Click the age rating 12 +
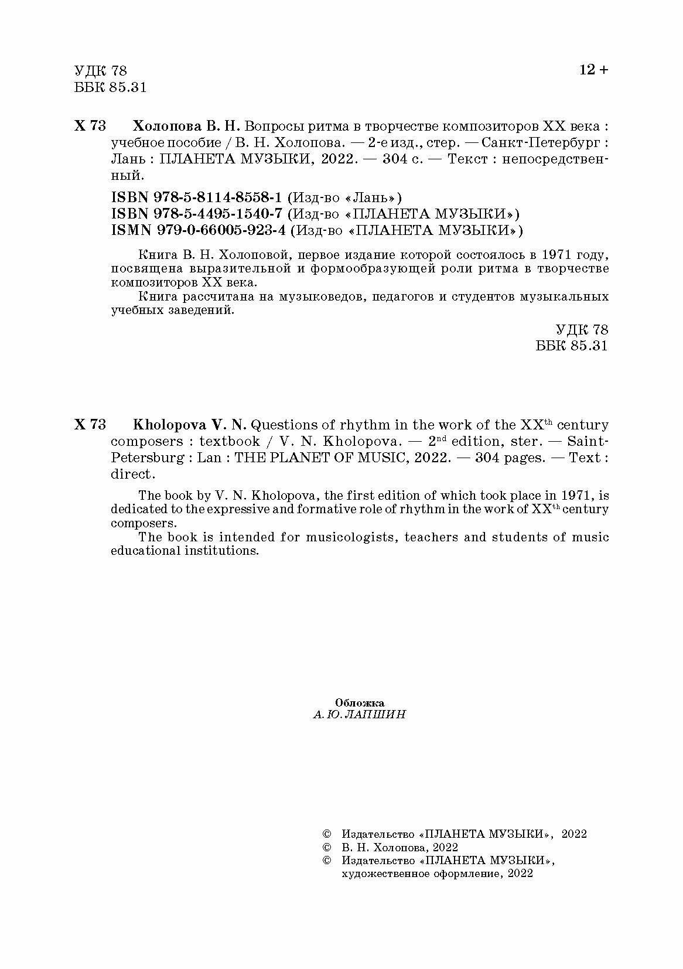593,70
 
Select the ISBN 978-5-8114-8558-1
196,196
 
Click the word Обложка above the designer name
359,702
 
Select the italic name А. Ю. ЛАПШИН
359,715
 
